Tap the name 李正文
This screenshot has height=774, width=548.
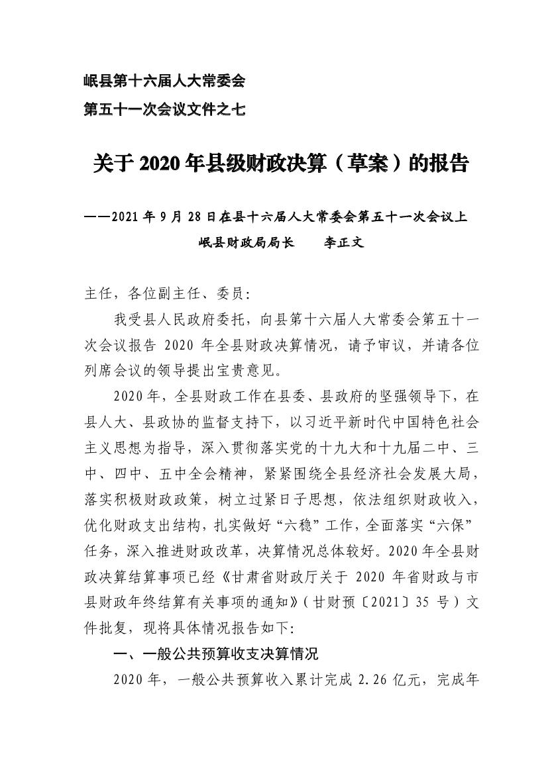point(343,242)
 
